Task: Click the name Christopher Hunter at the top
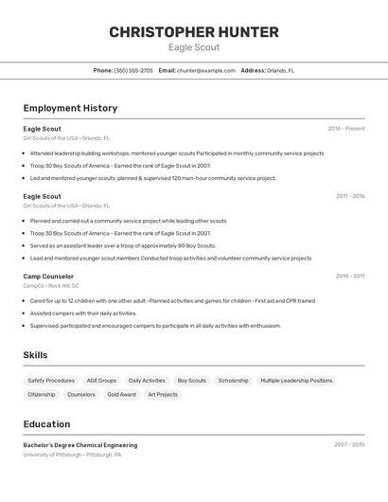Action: (194, 32)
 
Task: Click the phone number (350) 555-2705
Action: (133, 70)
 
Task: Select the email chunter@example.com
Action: (205, 70)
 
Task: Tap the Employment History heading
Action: (70, 108)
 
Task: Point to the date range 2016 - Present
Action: (345, 129)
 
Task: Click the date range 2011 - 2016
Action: (349, 196)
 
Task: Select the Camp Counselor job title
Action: (48, 277)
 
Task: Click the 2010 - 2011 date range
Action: (349, 277)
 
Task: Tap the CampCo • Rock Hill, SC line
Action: (51, 285)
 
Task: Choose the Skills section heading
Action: (36, 355)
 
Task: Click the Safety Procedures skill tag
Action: (51, 381)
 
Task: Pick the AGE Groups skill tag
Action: (101, 381)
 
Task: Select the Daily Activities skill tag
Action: (147, 381)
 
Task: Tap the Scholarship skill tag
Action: (233, 381)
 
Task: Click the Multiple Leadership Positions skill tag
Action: (296, 381)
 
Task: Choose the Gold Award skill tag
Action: (121, 394)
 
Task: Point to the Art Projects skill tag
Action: (163, 394)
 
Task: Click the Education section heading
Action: (46, 424)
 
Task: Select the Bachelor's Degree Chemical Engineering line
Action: (80, 445)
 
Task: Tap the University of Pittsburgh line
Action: (72, 455)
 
